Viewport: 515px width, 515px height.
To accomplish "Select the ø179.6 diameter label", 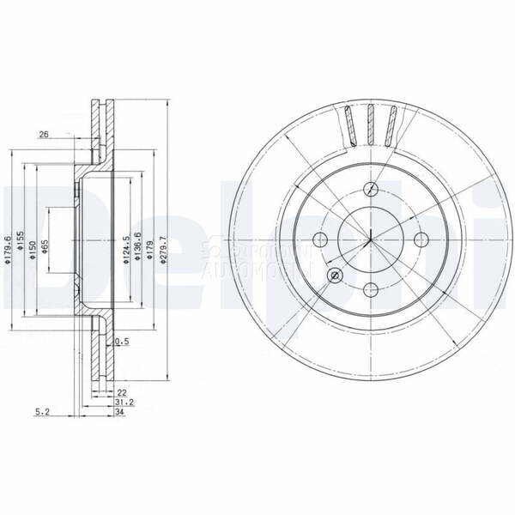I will (8, 249).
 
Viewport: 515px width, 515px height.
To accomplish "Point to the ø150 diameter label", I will (33, 250).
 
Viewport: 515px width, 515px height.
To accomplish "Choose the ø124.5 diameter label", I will (126, 250).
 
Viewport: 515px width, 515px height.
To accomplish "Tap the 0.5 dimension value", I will (122, 341).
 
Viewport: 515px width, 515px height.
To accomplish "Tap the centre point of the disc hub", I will (371, 239).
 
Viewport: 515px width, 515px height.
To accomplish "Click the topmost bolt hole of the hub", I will (371, 190).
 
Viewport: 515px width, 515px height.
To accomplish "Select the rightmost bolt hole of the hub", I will (421, 239).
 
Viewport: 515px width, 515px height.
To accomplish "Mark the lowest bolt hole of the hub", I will (371, 289).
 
